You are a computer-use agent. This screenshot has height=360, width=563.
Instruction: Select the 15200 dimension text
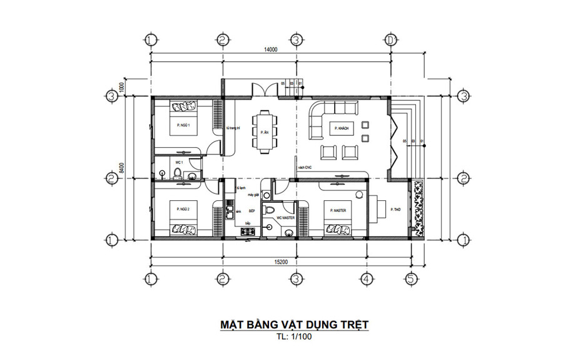point(280,262)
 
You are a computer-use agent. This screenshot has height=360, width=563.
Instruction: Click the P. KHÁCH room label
point(341,128)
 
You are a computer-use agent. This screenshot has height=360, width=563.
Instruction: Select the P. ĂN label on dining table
point(264,132)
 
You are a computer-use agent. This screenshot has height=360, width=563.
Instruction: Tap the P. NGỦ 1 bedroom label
point(183,126)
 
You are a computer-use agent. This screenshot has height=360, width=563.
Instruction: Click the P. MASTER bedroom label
point(338,210)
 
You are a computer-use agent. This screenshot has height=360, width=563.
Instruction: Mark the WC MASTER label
point(286,218)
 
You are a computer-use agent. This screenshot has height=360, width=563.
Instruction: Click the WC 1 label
point(161,162)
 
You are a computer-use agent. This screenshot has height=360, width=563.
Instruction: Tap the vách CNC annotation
point(305,168)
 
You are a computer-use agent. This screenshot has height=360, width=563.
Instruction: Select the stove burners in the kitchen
point(247,233)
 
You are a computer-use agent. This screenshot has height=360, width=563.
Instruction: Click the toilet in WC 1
point(177,173)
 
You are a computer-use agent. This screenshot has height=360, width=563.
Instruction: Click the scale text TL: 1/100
point(293,337)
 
